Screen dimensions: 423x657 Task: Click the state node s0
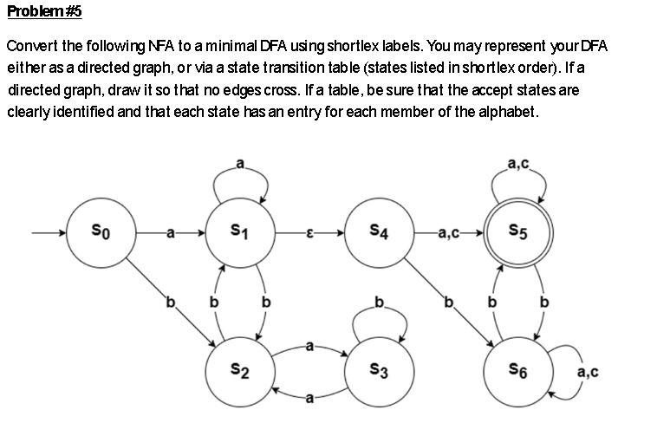tap(101, 232)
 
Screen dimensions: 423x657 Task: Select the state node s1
tap(239, 232)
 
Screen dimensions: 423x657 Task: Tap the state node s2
tap(239, 371)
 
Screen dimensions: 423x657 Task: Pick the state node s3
tap(379, 371)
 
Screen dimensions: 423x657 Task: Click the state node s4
tap(379, 232)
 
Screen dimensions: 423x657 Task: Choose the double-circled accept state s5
tap(518, 232)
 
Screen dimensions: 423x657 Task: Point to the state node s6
tap(518, 371)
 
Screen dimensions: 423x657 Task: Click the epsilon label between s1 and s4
tap(309, 233)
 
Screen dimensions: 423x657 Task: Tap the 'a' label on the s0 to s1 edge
tap(170, 233)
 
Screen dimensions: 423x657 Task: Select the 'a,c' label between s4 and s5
tap(449, 233)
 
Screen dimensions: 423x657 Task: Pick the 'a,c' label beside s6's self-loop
tap(587, 373)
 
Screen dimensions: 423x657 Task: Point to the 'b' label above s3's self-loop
tap(379, 303)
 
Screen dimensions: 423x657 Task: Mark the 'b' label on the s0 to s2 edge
tap(170, 303)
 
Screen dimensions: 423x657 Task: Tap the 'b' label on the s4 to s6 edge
tap(449, 303)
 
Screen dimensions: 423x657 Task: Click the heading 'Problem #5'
tap(43, 12)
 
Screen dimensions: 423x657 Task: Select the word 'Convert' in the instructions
tap(30, 45)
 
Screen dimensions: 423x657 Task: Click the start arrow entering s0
tap(49, 233)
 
